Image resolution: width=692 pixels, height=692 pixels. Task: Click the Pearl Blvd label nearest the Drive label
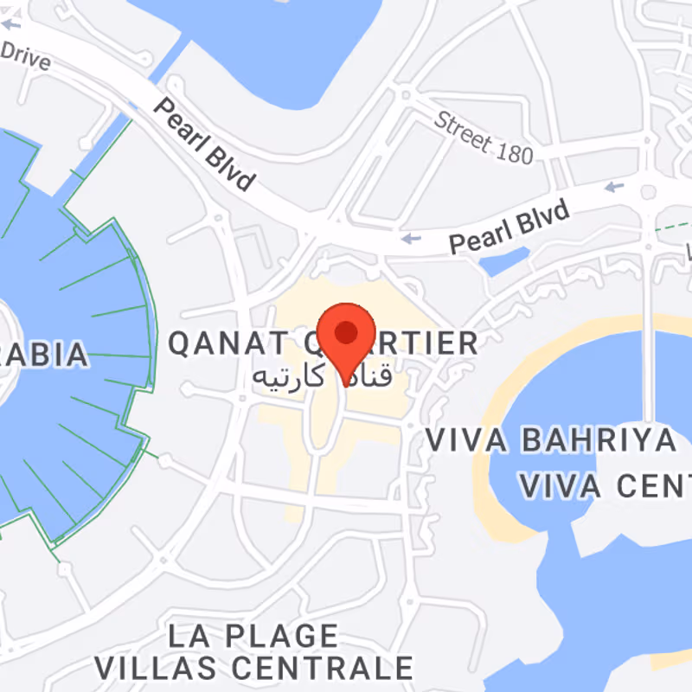coord(205,144)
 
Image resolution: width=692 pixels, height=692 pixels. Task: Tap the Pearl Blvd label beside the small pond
coord(510,227)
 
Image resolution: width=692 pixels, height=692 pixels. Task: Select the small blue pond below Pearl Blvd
coord(504,259)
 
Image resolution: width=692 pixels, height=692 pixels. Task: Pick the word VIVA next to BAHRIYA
coord(466,439)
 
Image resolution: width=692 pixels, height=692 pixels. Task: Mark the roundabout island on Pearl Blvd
coord(650,192)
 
